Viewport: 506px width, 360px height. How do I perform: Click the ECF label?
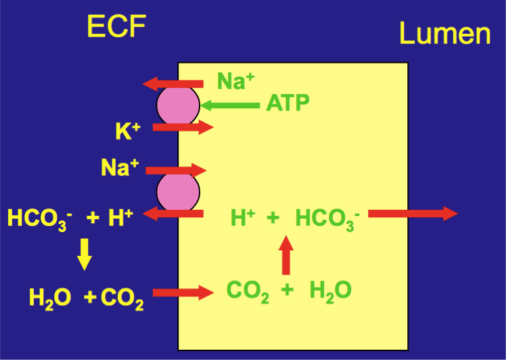(x=116, y=27)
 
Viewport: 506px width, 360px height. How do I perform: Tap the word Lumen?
(x=444, y=32)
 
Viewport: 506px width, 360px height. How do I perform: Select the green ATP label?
(x=288, y=104)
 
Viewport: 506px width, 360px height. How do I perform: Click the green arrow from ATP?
(x=230, y=105)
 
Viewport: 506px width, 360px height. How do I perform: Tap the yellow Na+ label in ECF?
(x=120, y=167)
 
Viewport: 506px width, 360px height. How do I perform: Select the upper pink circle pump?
(x=179, y=106)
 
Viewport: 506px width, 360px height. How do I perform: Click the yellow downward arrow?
(x=84, y=254)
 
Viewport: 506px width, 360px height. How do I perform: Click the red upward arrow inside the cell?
(x=286, y=254)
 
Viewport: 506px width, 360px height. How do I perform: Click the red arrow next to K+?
(x=183, y=127)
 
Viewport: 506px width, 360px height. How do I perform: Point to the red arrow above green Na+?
(x=173, y=84)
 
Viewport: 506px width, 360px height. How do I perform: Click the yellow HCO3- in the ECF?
(x=38, y=219)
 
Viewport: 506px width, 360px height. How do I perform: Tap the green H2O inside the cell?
(x=331, y=291)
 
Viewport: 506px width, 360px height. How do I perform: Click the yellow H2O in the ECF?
(x=50, y=298)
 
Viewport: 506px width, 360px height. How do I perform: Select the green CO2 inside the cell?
(x=248, y=291)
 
